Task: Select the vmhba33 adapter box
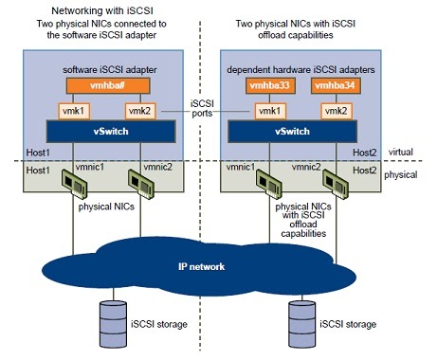[271, 85]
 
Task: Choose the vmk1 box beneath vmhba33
[271, 110]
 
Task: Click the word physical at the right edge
[409, 174]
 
